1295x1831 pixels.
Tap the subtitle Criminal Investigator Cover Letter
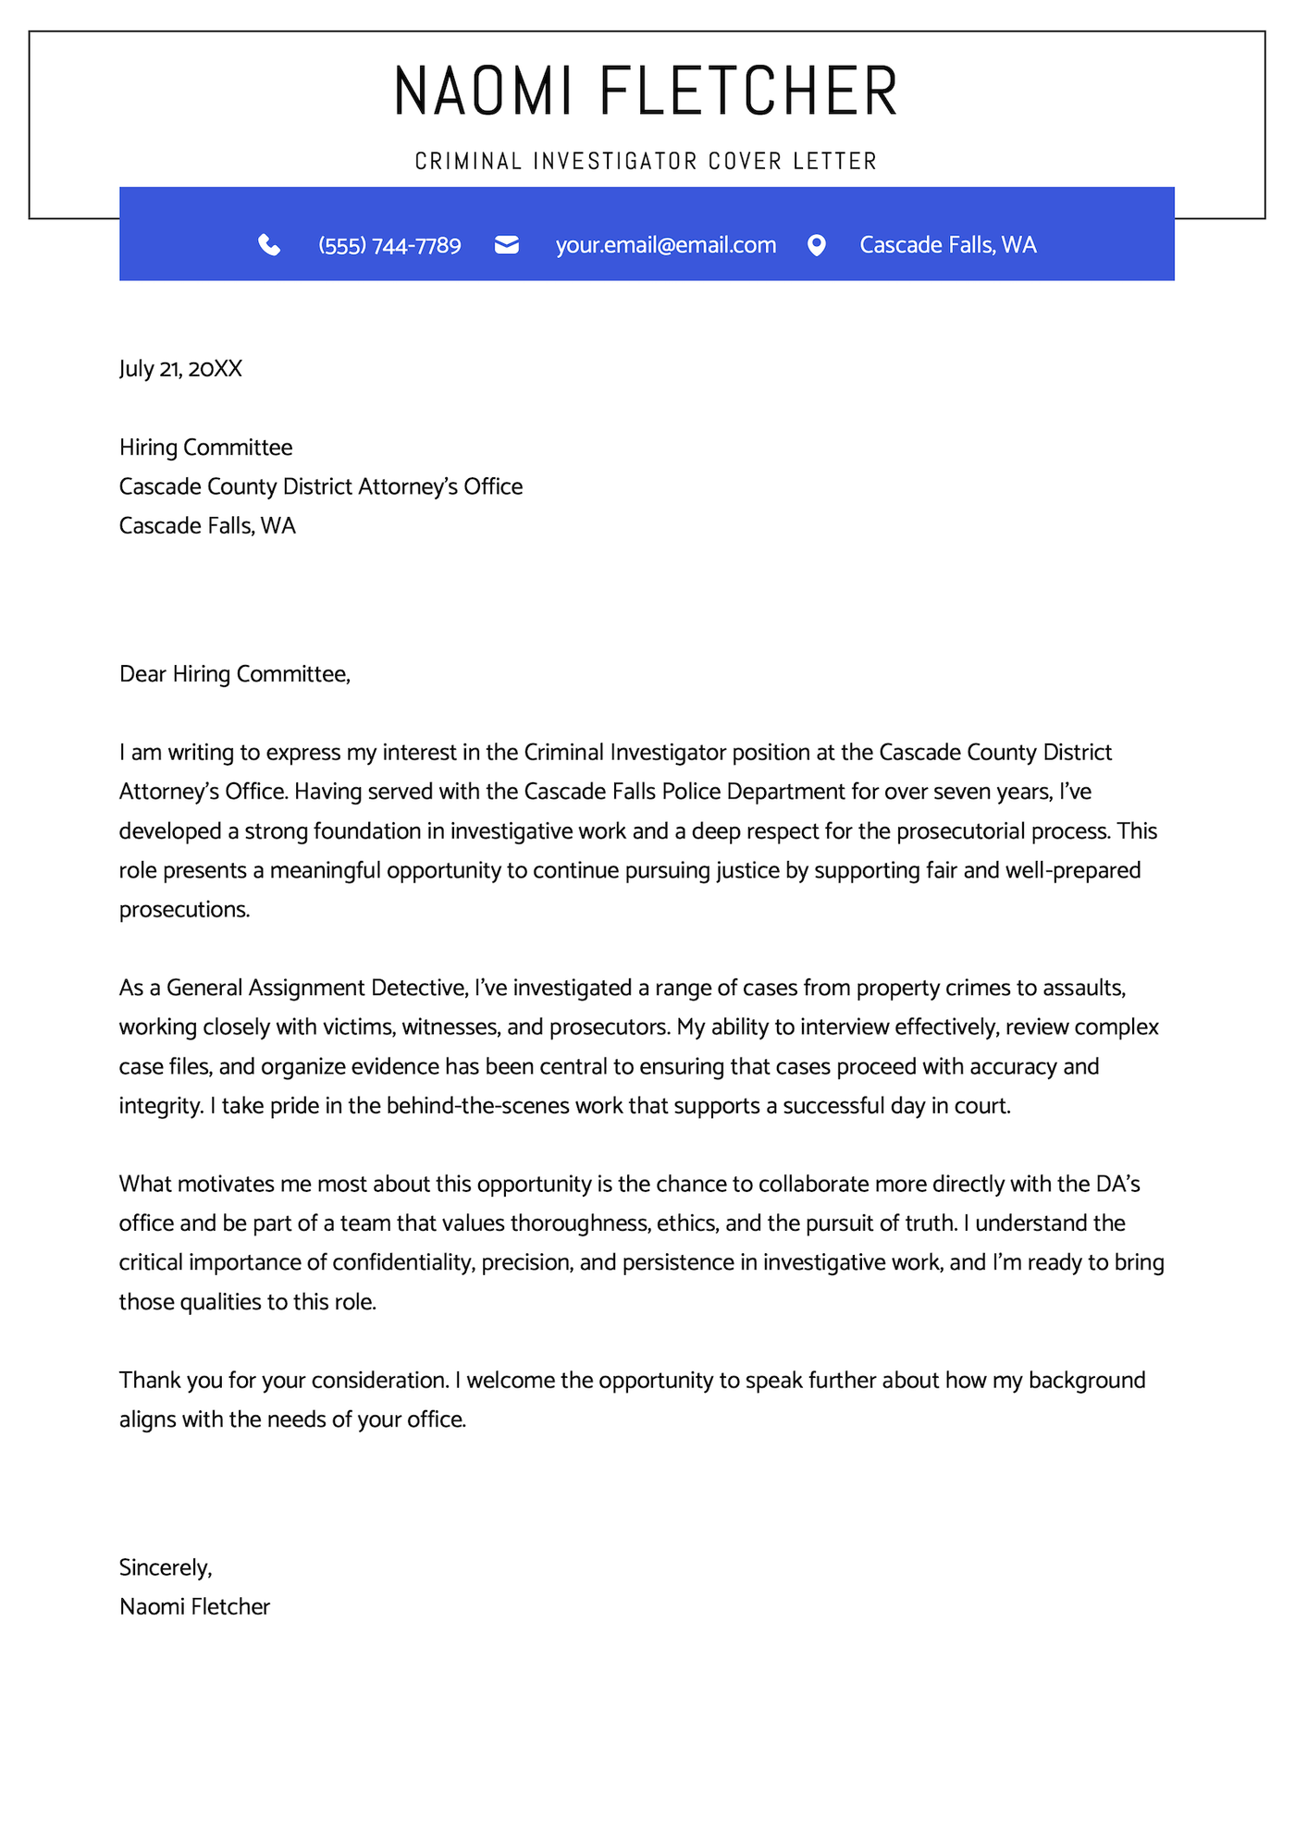click(646, 161)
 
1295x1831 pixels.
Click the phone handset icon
click(269, 245)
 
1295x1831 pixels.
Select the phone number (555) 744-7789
click(389, 245)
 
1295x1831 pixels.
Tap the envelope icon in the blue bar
click(507, 245)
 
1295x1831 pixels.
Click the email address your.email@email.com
click(665, 245)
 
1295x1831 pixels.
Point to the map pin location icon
click(816, 245)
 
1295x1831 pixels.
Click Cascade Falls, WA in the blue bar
click(947, 245)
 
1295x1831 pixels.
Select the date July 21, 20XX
click(180, 369)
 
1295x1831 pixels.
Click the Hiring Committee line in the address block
click(205, 448)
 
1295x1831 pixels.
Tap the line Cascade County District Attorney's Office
click(321, 486)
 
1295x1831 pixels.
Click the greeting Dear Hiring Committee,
click(235, 674)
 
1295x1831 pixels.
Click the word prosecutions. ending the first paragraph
click(184, 910)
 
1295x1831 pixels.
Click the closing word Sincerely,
click(166, 1567)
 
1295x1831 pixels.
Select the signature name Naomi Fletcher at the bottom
click(194, 1607)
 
